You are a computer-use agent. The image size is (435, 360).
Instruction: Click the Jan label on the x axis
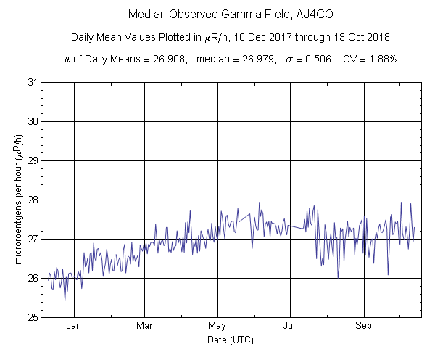(74, 326)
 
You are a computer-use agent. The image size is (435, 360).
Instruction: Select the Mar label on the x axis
(144, 326)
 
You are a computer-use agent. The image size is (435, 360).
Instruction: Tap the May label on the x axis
(218, 326)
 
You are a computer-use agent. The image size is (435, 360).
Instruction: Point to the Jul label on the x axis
(290, 326)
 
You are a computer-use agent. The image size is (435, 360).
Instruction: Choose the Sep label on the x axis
(363, 326)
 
